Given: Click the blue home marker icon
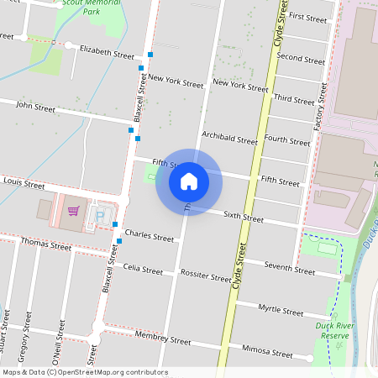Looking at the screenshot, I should coord(188,181).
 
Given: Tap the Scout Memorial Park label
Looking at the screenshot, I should coord(92,8).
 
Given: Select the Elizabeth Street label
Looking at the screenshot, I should coord(107,53).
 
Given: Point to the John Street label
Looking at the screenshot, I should coord(35,108).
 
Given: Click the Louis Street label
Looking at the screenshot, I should coord(24,181).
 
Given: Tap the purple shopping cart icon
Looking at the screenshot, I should coord(74,211).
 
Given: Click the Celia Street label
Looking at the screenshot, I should coord(143,270).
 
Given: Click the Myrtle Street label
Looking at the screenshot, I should coord(281,310).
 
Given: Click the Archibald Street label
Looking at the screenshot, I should coord(229,139).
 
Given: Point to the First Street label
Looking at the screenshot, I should coord(307,17).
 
